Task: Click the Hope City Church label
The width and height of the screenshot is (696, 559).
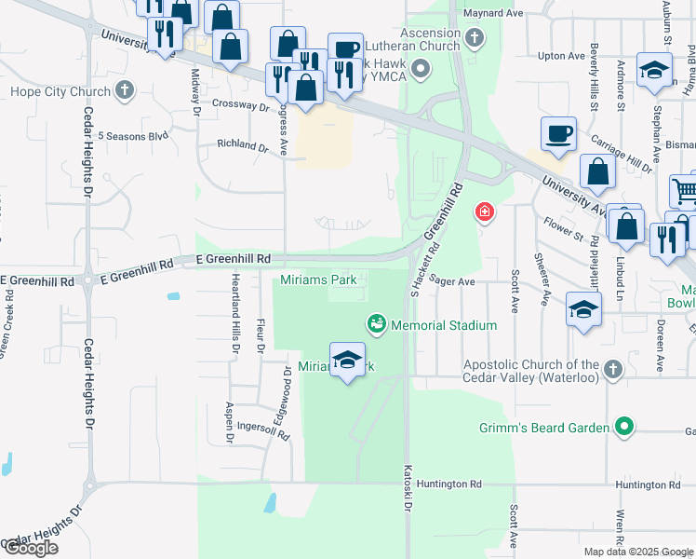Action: click(x=60, y=91)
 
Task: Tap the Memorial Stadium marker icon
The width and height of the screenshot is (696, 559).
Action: click(x=377, y=324)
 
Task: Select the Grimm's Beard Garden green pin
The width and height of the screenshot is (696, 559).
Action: click(x=624, y=428)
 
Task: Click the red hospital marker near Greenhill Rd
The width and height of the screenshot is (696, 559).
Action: click(x=484, y=213)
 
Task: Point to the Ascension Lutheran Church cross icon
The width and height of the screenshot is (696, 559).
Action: click(x=475, y=38)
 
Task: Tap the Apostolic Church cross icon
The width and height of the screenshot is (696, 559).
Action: click(x=611, y=371)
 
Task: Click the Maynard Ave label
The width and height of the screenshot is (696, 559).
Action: click(x=498, y=13)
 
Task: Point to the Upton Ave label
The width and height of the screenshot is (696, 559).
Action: click(x=561, y=56)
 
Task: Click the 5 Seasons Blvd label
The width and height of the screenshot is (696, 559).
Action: click(x=133, y=136)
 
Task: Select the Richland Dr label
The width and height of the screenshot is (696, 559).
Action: click(x=242, y=145)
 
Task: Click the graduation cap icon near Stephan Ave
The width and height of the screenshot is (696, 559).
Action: click(x=654, y=70)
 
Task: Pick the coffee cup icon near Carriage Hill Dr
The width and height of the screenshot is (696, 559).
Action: click(x=558, y=133)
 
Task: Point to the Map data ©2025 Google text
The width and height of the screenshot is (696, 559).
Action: click(x=637, y=552)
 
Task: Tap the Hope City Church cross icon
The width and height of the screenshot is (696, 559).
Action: click(x=125, y=91)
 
